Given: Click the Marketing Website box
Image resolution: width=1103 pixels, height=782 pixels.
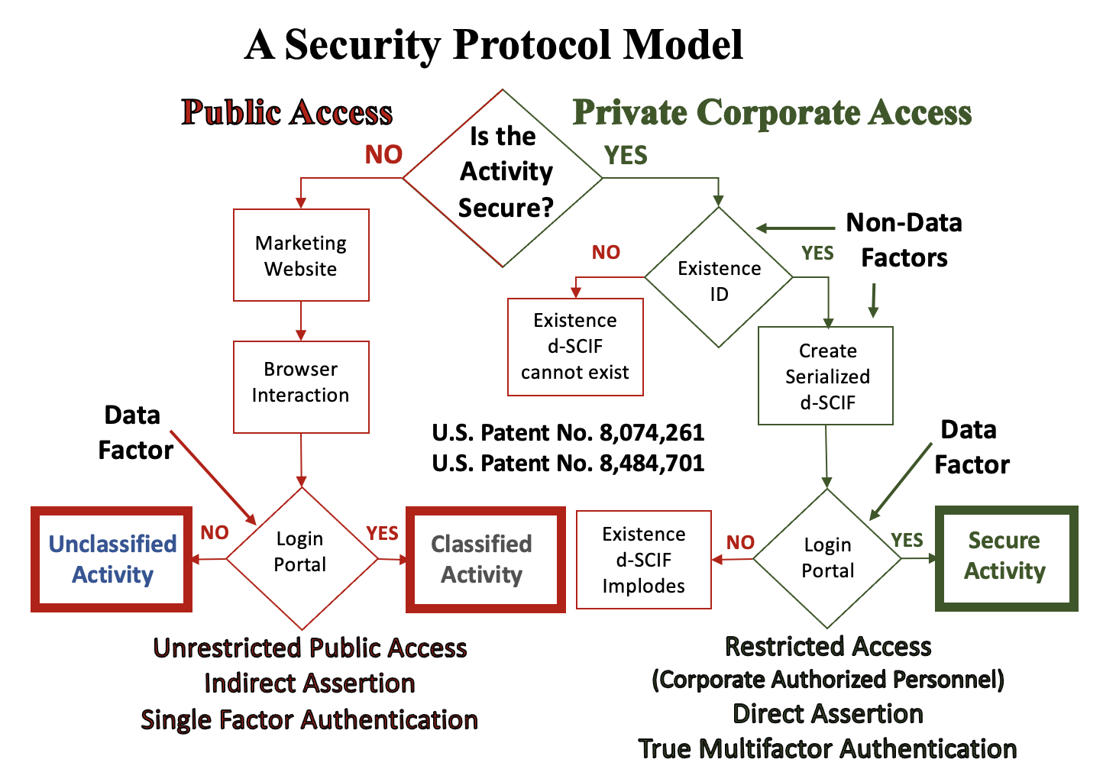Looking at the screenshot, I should (301, 255).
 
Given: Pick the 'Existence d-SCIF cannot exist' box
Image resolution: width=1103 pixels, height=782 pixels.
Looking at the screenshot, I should (575, 347).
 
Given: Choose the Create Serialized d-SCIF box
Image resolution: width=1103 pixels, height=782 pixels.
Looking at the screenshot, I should (826, 376).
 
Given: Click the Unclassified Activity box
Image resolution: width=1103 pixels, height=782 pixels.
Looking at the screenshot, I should (112, 559).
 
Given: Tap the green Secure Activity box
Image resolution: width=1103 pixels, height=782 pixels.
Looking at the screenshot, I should (1006, 557).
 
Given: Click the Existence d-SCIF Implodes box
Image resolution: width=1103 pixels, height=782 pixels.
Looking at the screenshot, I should (643, 560).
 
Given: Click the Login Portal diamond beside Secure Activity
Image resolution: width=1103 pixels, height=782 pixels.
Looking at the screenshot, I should (827, 558).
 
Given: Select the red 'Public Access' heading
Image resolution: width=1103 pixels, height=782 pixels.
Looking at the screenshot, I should (287, 112).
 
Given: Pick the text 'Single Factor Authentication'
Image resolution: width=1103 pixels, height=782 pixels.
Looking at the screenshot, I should (309, 719).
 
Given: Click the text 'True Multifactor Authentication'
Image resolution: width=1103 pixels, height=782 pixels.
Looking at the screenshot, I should (827, 748).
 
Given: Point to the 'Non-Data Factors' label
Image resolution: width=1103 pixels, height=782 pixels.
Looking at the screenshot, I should (904, 240).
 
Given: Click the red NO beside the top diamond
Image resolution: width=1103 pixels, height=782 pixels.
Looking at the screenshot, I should (383, 155).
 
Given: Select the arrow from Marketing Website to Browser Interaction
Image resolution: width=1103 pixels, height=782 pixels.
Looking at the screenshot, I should (301, 321).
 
